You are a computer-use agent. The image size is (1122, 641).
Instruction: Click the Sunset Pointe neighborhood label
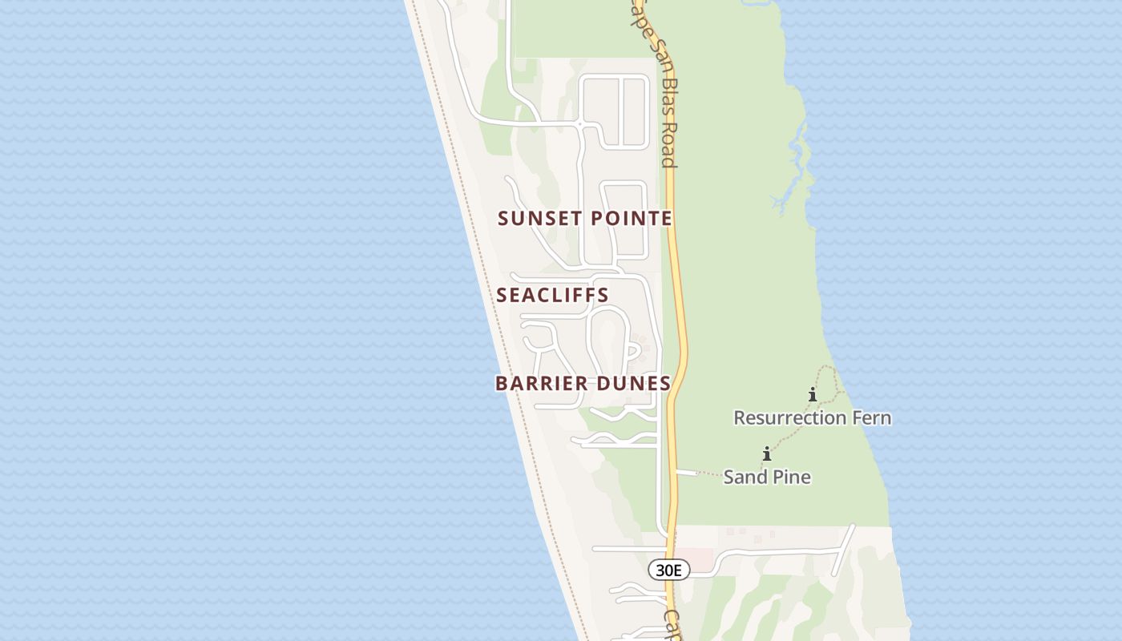[585, 218]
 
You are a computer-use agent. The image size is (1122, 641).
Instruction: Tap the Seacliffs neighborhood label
[553, 295]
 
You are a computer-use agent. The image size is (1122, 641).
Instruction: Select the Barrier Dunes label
[583, 383]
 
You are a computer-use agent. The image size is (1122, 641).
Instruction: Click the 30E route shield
[668, 570]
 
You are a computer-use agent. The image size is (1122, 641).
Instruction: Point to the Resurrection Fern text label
[812, 417]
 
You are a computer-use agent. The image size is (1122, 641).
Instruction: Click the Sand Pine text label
[767, 477]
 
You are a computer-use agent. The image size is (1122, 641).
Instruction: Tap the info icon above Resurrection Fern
[813, 394]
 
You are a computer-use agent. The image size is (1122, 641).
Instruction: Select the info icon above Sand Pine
[767, 454]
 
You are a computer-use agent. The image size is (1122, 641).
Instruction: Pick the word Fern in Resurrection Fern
[871, 417]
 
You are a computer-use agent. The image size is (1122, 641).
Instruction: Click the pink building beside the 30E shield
[699, 558]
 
